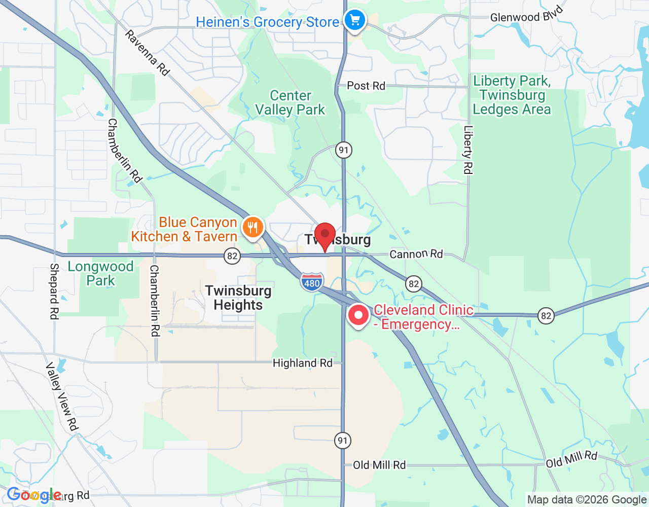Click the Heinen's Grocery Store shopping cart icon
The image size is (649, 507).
pyautogui.click(x=355, y=21)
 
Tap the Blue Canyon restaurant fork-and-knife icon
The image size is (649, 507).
pyautogui.click(x=253, y=227)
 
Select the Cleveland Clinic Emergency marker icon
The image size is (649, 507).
pyautogui.click(x=358, y=315)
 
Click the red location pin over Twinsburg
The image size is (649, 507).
pyautogui.click(x=324, y=236)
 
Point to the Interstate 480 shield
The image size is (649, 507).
pyautogui.click(x=311, y=282)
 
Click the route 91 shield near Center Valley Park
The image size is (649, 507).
pyautogui.click(x=344, y=150)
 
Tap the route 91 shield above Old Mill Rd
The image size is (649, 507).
pyautogui.click(x=343, y=440)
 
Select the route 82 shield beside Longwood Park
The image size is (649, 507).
pyautogui.click(x=232, y=256)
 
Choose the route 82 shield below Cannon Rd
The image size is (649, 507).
pyautogui.click(x=414, y=283)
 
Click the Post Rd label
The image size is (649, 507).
pyautogui.click(x=366, y=86)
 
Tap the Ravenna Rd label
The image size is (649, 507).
pyautogui.click(x=147, y=53)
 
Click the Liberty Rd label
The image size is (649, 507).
pyautogui.click(x=467, y=150)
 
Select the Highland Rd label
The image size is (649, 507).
pyautogui.click(x=303, y=363)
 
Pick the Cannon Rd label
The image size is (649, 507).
pyautogui.click(x=416, y=254)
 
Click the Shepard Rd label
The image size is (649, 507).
pyautogui.click(x=54, y=291)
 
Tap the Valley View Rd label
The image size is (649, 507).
pyautogui.click(x=62, y=396)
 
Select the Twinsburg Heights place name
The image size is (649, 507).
pyautogui.click(x=238, y=298)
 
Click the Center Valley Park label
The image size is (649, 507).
pyautogui.click(x=290, y=102)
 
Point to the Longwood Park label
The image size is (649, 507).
pyautogui.click(x=100, y=273)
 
